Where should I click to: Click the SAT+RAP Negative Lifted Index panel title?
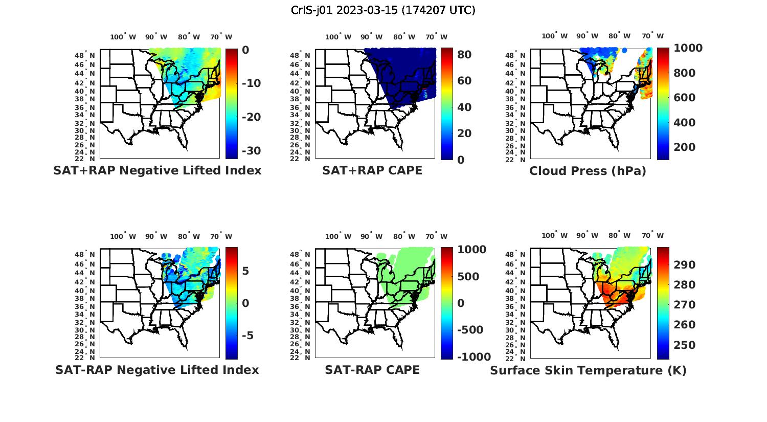[x=157, y=170]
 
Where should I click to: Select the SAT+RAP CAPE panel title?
[x=372, y=170]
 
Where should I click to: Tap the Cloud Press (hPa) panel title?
[x=588, y=171]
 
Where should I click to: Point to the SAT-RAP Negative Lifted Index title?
[x=157, y=370]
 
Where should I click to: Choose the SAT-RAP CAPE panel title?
[x=372, y=370]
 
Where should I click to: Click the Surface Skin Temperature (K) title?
[x=588, y=370]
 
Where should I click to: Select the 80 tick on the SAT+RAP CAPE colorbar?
[x=464, y=54]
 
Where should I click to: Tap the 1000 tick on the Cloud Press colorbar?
[x=688, y=48]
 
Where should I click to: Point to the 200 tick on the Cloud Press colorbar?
[x=685, y=147]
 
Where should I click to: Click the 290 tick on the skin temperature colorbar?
[x=685, y=264]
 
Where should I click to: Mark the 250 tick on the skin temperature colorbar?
[x=685, y=345]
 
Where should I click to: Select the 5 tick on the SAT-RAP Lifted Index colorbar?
[x=245, y=271]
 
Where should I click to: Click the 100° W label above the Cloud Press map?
[x=555, y=36]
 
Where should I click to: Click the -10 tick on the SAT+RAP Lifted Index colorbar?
[x=251, y=83]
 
